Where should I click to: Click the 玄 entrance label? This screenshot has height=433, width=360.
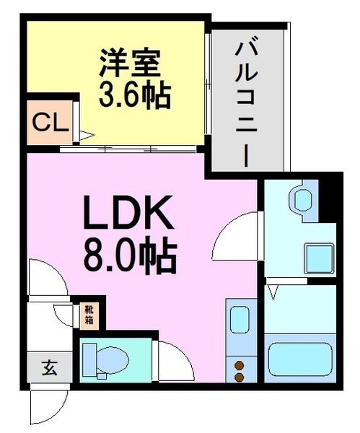49,369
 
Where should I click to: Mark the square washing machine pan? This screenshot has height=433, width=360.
318,257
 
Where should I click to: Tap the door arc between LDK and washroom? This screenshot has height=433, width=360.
238,235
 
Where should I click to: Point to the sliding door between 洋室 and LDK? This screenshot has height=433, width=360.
130,149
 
